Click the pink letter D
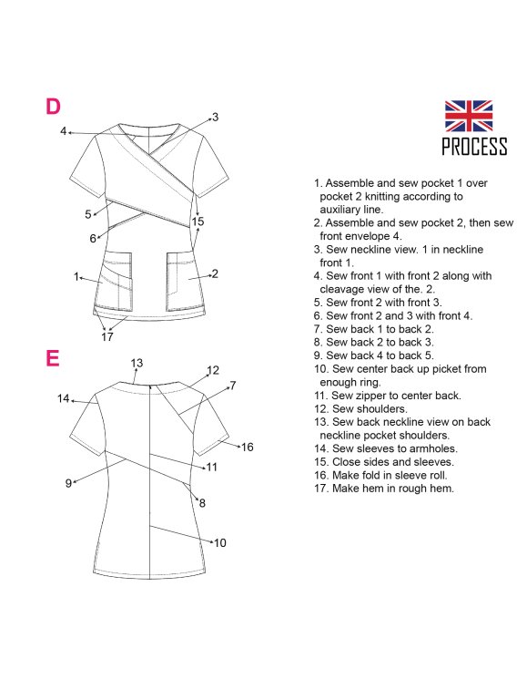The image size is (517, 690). pos(53,107)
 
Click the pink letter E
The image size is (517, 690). pos(52,358)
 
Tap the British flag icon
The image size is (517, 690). pos(468,116)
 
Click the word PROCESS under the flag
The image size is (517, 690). pos(474,147)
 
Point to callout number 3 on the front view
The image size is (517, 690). pos(215,117)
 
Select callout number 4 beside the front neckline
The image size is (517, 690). pos(63,131)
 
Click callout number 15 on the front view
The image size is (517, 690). pos(198,221)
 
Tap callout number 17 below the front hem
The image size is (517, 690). pos(107,337)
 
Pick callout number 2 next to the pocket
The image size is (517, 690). pos(215,273)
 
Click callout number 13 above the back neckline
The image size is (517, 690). pos(137,363)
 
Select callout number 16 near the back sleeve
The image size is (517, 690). pos(248,448)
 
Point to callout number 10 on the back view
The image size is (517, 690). pos(220,543)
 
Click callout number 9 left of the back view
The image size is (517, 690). pos(68,483)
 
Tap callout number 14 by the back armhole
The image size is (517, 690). pos(64,398)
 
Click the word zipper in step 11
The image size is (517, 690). pos(372,396)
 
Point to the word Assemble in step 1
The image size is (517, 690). pos(350,183)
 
